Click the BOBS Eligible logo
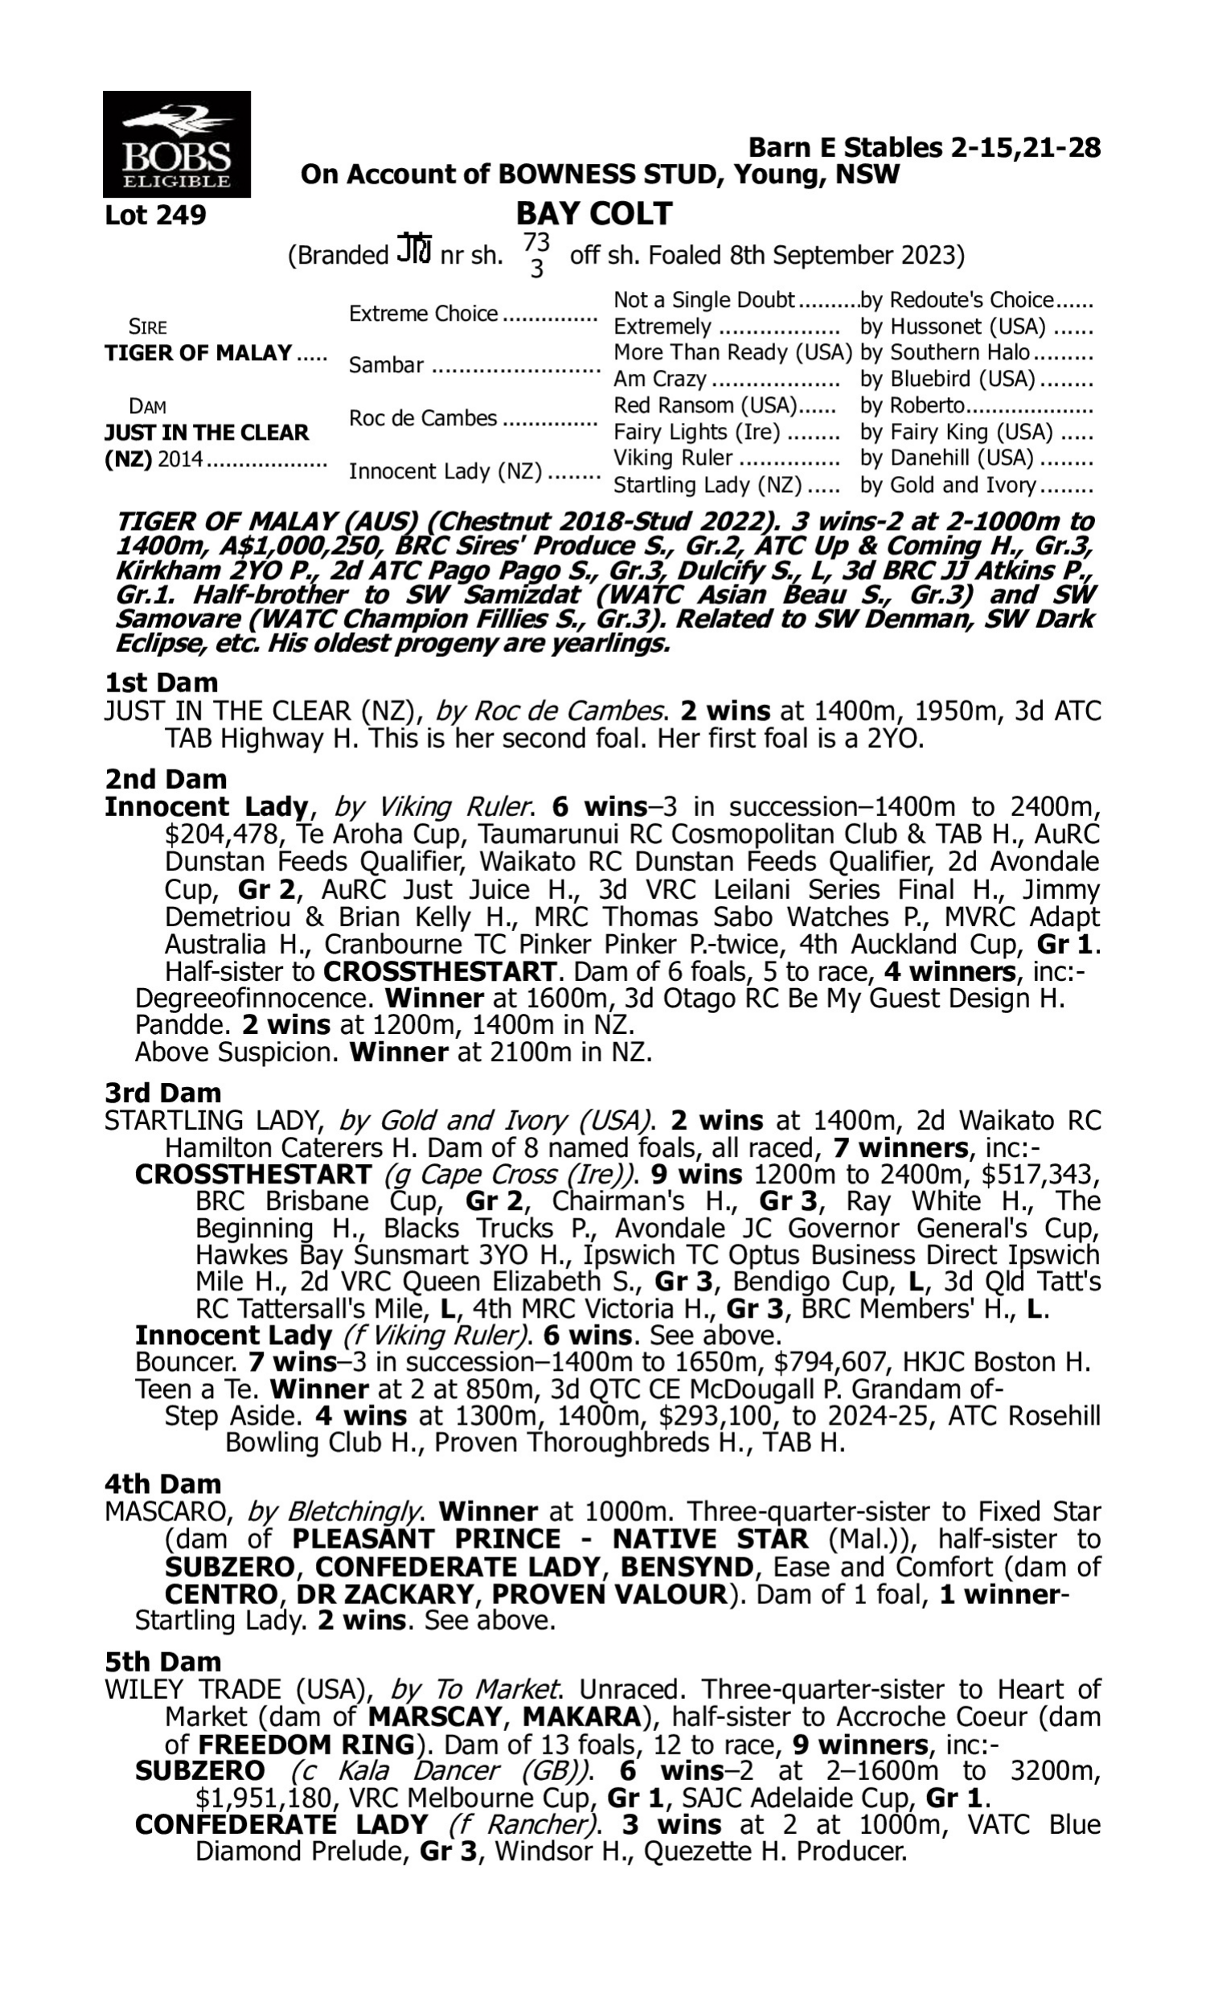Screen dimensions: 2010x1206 coord(176,144)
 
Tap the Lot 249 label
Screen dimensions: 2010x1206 coord(155,215)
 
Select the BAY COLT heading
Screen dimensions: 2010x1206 coord(594,214)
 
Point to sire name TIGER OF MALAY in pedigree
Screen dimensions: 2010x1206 coord(199,353)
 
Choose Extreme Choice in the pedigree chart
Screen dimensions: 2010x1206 coord(424,314)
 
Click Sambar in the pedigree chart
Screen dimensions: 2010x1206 coord(386,366)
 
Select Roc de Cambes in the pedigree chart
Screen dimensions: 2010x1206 coord(423,418)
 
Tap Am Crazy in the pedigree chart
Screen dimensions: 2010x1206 coord(660,379)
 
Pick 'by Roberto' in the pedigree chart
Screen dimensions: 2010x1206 coord(912,405)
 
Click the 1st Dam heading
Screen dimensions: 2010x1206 coord(161,683)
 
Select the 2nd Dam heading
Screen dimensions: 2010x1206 coord(165,779)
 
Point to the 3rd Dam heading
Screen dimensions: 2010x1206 coord(162,1093)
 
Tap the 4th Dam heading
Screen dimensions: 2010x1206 coord(162,1484)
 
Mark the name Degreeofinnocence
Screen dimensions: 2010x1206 coord(254,998)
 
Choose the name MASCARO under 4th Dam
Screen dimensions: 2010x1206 coord(166,1512)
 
